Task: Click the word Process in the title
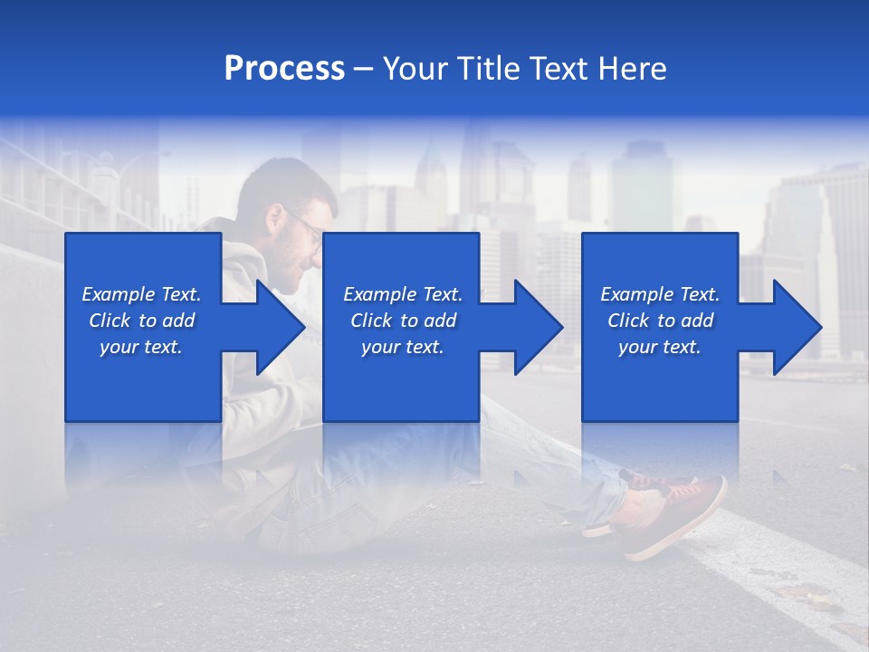[x=284, y=69]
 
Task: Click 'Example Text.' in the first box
[x=141, y=294]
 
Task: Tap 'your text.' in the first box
[x=141, y=347]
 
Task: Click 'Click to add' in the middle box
[x=403, y=321]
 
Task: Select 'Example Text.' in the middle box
[x=403, y=294]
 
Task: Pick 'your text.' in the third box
[x=660, y=347]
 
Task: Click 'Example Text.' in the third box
[x=660, y=294]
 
